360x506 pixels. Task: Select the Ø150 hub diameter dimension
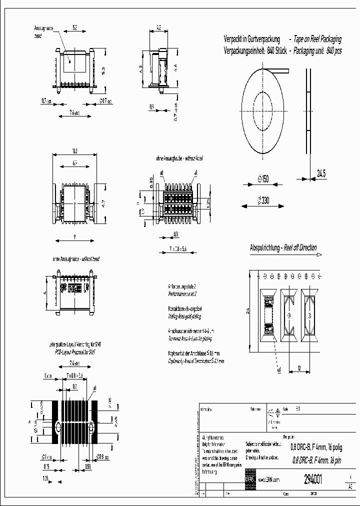click(x=262, y=179)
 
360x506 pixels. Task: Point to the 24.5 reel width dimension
click(x=321, y=174)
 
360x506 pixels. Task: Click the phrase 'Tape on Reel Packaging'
click(x=318, y=39)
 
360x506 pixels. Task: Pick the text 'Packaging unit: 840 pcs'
click(x=317, y=50)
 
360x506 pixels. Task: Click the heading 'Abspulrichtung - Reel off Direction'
click(x=283, y=248)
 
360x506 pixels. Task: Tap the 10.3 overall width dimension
click(x=74, y=150)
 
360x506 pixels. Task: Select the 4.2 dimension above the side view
click(x=158, y=28)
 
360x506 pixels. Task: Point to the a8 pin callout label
click(x=162, y=172)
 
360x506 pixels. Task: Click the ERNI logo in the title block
click(x=249, y=478)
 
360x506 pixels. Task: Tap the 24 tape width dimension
click(x=246, y=311)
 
